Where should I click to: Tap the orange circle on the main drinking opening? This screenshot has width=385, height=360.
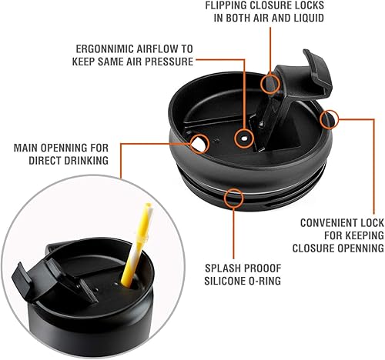(x=199, y=143)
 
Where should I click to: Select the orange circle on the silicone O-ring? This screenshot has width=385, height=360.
(x=231, y=198)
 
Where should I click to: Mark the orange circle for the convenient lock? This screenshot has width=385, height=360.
(x=330, y=119)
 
